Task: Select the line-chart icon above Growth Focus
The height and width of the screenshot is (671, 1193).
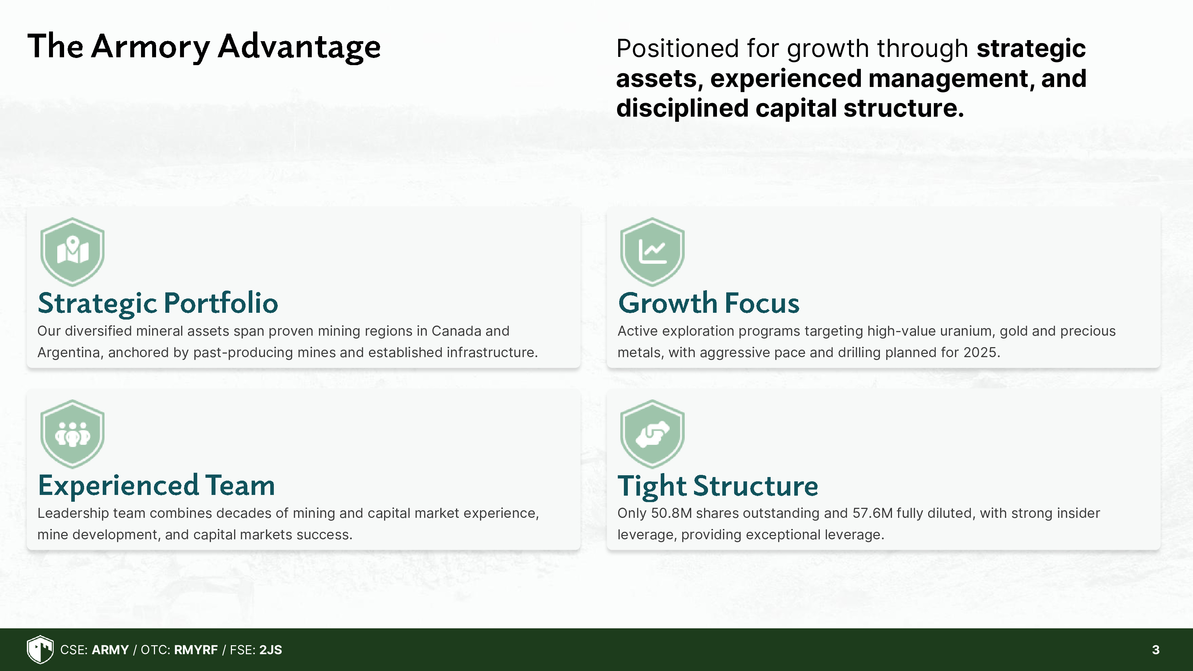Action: tap(652, 252)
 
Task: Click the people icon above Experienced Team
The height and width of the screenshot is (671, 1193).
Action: tap(72, 434)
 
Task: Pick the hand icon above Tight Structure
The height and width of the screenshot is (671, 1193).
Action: tap(652, 434)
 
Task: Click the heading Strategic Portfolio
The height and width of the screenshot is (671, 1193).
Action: tap(158, 304)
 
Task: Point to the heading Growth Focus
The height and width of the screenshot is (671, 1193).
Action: tap(709, 304)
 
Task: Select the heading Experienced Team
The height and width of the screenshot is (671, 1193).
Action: tap(156, 486)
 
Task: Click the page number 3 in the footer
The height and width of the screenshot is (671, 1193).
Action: tap(1155, 650)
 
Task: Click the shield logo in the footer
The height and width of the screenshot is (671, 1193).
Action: tap(40, 649)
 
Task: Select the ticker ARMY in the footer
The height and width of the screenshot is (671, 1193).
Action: tap(110, 650)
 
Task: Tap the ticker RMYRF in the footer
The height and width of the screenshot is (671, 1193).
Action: tap(196, 650)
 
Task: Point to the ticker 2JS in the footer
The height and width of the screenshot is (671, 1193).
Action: tap(271, 650)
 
